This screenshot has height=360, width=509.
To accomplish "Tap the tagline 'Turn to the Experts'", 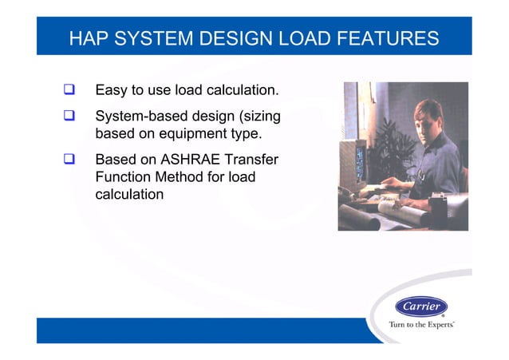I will [x=420, y=325].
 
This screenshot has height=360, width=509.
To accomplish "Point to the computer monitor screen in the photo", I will [x=359, y=160].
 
